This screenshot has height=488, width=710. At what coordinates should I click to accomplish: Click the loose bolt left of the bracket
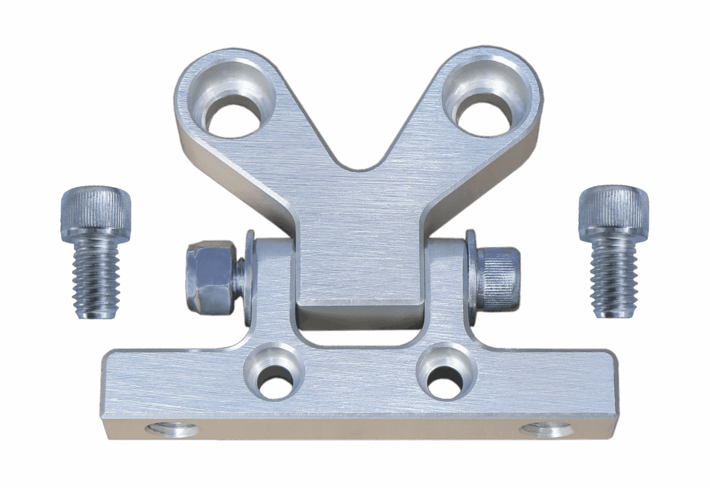click(x=96, y=254)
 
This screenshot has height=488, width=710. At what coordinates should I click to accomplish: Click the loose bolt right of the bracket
click(x=614, y=254)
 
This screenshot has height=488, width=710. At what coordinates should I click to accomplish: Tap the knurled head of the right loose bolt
click(x=613, y=211)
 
